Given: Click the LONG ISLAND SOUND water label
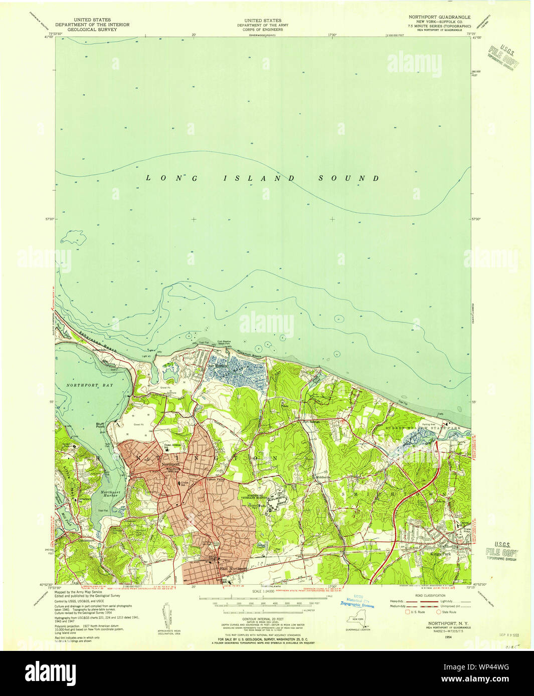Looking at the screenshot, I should click(263, 178).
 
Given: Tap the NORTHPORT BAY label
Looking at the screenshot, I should click(90, 385).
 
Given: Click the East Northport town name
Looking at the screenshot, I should click(233, 569).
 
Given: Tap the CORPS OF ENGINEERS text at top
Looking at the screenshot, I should click(260, 30).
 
